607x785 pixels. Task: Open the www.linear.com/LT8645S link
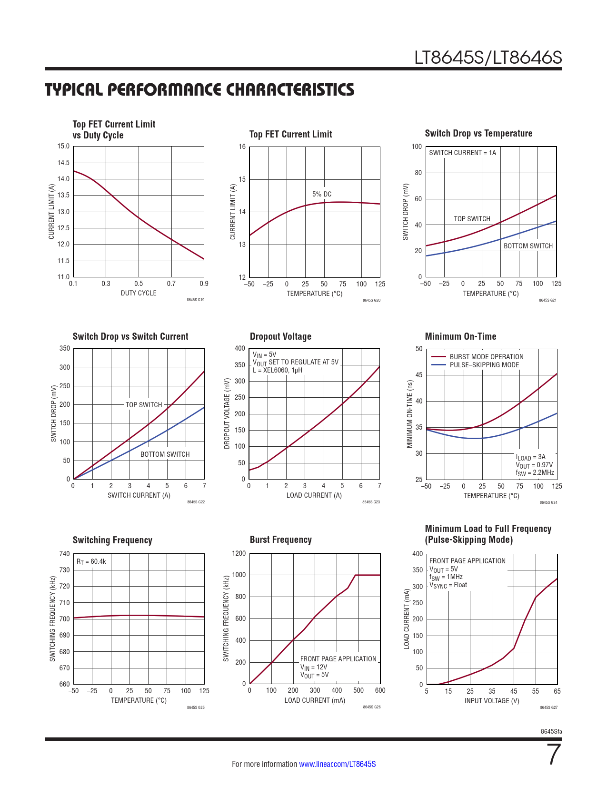tap(337, 764)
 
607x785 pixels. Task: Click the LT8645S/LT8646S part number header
tap(488, 58)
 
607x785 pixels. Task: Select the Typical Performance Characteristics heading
tap(199, 89)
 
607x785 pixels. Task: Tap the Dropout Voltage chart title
tap(280, 336)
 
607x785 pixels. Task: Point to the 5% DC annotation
tap(322, 194)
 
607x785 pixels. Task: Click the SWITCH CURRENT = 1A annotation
tap(462, 153)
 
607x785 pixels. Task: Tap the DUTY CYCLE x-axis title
tap(139, 293)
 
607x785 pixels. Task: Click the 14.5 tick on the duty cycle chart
tap(63, 163)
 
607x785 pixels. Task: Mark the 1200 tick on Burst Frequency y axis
tap(239, 553)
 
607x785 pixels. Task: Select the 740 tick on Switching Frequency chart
tap(64, 554)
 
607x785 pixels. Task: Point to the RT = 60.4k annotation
tap(91, 561)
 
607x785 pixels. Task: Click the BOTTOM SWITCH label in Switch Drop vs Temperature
tap(528, 246)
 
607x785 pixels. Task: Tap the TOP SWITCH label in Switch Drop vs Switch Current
tap(144, 405)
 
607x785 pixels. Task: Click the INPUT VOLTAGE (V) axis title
tap(492, 701)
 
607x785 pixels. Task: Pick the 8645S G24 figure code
tap(548, 502)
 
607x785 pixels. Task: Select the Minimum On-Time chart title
tap(460, 336)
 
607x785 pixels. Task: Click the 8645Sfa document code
tap(551, 731)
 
